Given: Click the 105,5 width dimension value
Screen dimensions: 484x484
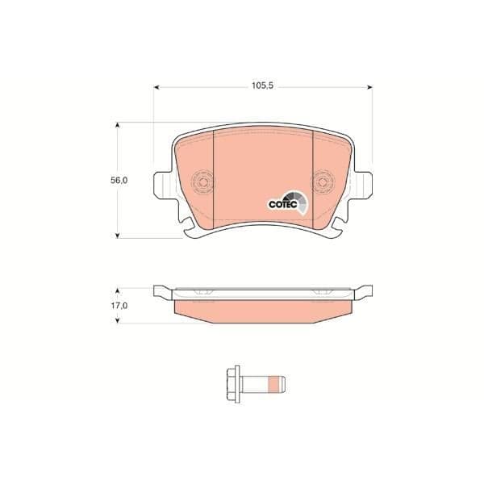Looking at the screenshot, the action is tap(262, 86).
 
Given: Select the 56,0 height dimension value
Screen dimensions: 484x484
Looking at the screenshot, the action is tap(119, 180).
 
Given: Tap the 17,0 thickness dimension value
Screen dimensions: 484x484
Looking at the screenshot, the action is tap(119, 306).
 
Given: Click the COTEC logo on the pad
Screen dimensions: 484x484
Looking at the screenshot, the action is tap(287, 203).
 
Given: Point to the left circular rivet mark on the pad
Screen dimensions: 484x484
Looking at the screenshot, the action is tap(202, 182).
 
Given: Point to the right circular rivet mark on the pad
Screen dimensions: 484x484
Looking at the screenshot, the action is tap(323, 182).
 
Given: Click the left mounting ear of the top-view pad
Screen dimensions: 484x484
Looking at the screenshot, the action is tap(163, 185).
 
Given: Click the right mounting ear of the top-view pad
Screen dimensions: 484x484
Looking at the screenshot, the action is tap(363, 185).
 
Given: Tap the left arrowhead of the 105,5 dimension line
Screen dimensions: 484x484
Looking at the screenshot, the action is tap(156, 87).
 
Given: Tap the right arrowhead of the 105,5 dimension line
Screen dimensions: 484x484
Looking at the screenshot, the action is tap(369, 87).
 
